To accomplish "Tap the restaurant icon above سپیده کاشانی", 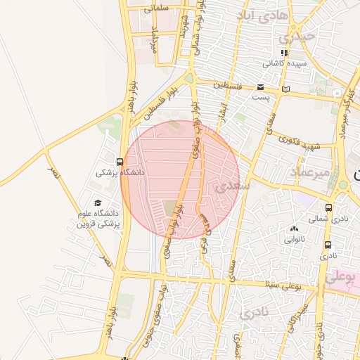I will coord(283,53).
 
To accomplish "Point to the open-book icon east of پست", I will coord(285,89).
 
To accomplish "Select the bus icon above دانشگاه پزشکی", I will coord(120,161).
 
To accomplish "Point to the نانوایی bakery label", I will coord(295,239).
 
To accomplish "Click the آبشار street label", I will coord(224,111).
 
